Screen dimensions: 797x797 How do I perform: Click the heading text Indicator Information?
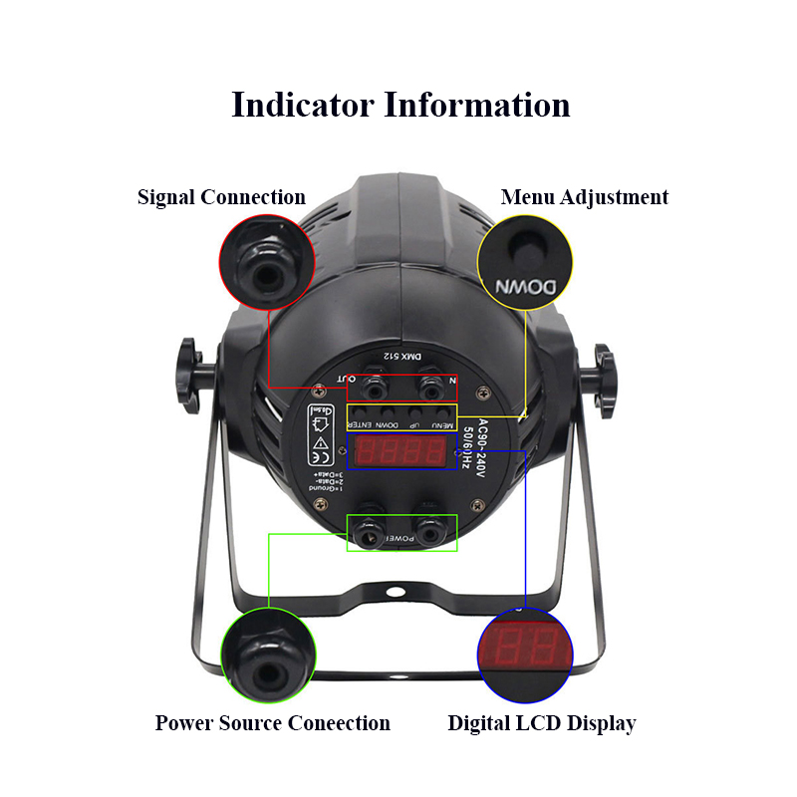[x=400, y=105]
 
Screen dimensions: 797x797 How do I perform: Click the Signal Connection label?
[x=221, y=197]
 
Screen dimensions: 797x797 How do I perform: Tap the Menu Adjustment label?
[x=584, y=197]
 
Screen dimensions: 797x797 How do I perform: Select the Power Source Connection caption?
[x=272, y=723]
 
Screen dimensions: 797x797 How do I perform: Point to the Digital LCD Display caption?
[x=541, y=723]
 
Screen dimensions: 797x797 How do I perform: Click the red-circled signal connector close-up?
[x=267, y=263]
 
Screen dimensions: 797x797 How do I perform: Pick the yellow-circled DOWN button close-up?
[x=526, y=263]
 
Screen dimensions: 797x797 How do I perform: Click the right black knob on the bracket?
[x=605, y=371]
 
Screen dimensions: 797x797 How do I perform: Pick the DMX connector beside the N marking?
[x=429, y=384]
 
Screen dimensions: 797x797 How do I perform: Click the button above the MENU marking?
[x=438, y=411]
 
